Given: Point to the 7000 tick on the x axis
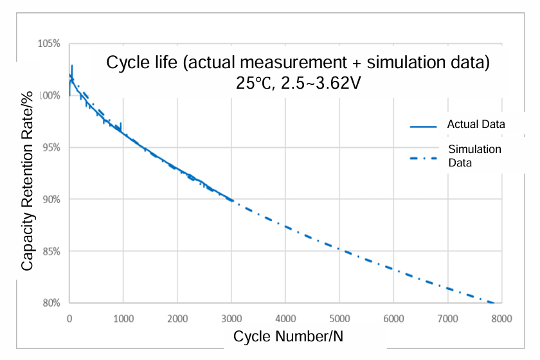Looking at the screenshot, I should click(x=447, y=318).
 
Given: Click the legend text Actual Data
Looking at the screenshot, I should click(x=476, y=124).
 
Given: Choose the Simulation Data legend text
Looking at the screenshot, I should click(x=474, y=156).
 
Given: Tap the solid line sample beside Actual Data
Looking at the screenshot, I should click(x=423, y=126).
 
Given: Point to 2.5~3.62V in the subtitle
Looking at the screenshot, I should click(x=319, y=84).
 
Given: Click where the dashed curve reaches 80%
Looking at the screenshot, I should click(x=492, y=302).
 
